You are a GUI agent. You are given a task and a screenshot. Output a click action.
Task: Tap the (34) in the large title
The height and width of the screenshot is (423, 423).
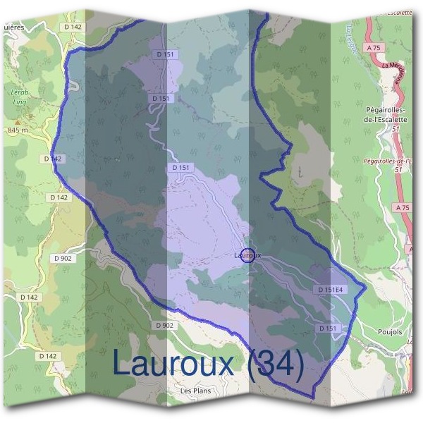[275, 364]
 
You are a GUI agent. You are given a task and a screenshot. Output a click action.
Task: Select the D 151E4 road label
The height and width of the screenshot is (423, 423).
[329, 290]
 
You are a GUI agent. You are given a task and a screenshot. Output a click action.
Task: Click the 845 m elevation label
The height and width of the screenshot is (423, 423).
[17, 130]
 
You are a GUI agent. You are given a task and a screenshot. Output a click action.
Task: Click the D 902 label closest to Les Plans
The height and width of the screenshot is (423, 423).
[164, 325]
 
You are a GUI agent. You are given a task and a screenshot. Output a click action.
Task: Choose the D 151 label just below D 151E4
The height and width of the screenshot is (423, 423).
[328, 329]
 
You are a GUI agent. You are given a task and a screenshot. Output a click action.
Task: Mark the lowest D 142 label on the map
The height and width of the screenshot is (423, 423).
[48, 356]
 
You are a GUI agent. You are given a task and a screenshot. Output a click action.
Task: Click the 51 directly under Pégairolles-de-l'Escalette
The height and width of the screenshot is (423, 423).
[398, 129]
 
